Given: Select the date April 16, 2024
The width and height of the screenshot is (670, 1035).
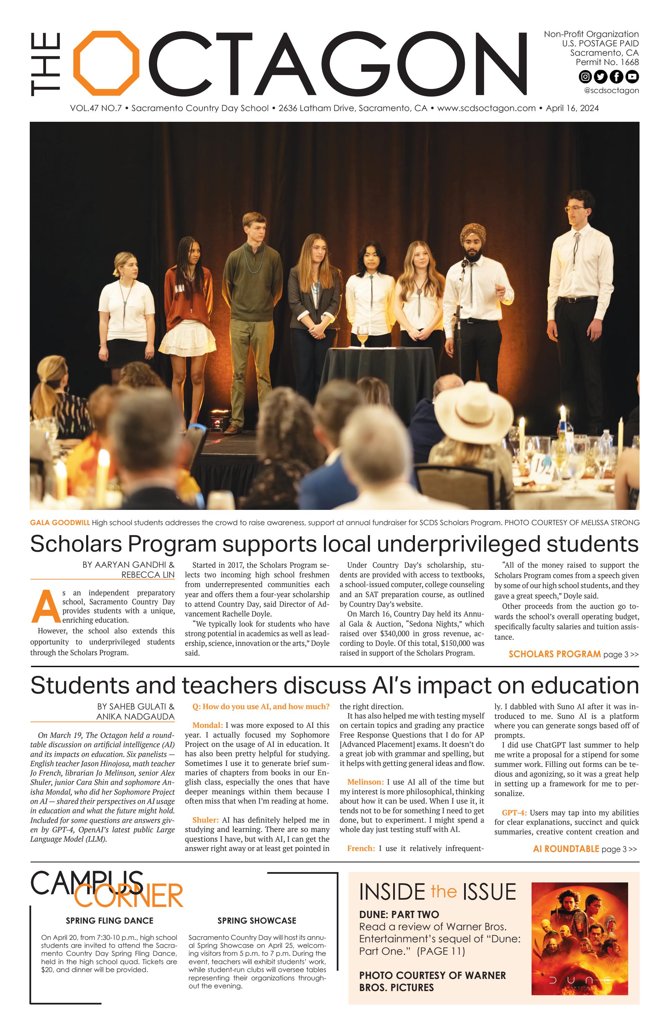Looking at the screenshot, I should pyautogui.click(x=572, y=108).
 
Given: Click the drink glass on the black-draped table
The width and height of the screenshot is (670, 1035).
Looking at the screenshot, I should pyautogui.click(x=362, y=337).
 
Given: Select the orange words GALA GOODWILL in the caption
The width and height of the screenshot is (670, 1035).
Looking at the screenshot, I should pyautogui.click(x=60, y=523).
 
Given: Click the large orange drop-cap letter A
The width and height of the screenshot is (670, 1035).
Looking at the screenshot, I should pyautogui.click(x=45, y=607).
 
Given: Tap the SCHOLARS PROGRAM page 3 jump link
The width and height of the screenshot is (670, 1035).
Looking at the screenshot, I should pyautogui.click(x=573, y=654).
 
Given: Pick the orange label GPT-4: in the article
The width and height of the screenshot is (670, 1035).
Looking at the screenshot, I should pyautogui.click(x=514, y=812).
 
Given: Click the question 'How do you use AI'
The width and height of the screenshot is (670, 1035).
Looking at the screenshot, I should pyautogui.click(x=261, y=707).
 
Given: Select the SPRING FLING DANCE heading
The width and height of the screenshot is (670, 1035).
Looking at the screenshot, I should pyautogui.click(x=109, y=920).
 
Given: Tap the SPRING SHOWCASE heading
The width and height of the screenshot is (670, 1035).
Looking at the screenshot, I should pyautogui.click(x=257, y=920).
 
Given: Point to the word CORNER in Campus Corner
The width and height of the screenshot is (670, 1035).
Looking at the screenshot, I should pyautogui.click(x=128, y=896).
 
